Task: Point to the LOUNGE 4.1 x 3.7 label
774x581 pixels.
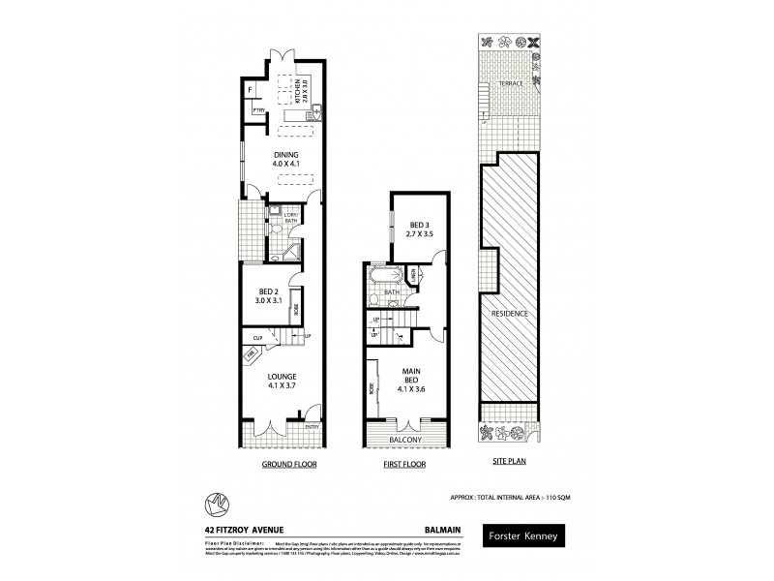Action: (x=283, y=381)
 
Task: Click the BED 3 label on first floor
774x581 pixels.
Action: (x=418, y=229)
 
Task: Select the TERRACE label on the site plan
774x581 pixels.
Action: (x=511, y=84)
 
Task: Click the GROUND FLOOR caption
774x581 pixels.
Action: (x=290, y=465)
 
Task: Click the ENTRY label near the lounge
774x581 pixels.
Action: (x=312, y=426)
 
